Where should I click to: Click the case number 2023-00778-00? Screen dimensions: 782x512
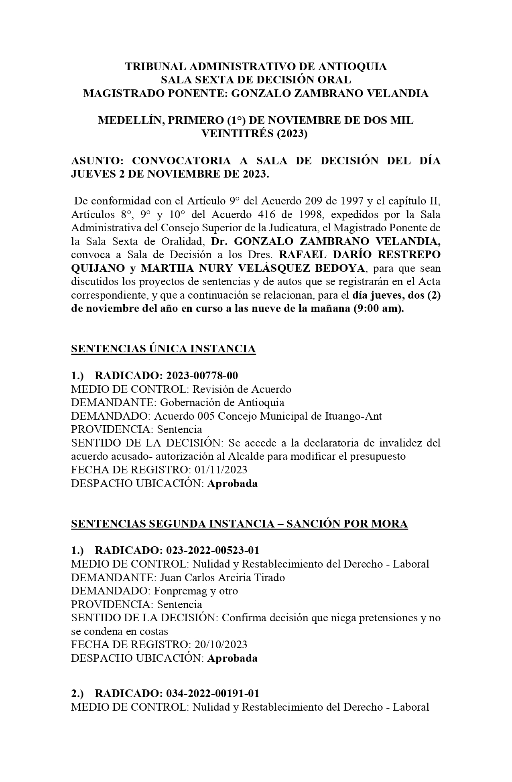coord(202,376)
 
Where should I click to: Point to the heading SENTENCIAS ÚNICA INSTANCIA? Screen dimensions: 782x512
coord(163,349)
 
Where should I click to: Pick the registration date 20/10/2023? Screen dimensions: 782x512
coord(221,645)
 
